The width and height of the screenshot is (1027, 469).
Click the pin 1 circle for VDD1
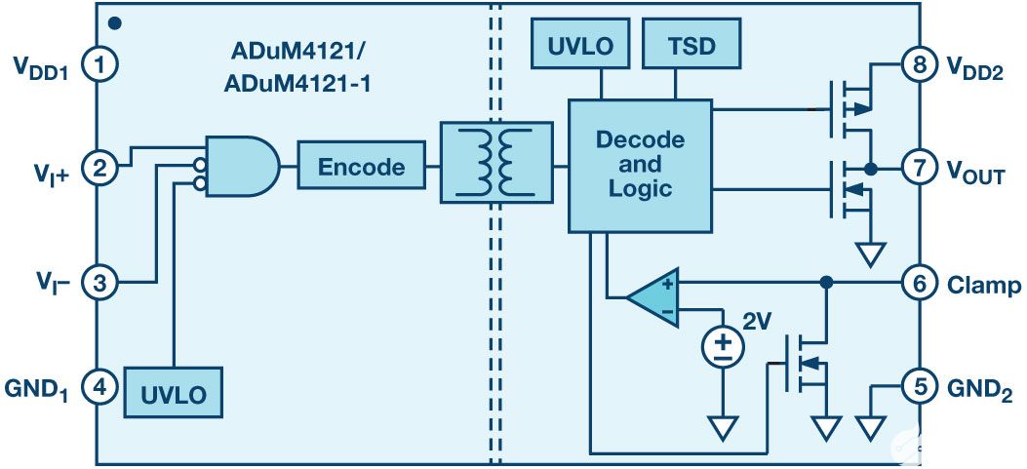coord(99,65)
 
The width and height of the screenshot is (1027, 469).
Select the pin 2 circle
coord(99,168)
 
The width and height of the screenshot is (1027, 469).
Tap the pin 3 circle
coord(99,283)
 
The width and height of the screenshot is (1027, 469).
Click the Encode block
coord(362,167)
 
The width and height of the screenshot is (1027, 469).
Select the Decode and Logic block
coord(640,165)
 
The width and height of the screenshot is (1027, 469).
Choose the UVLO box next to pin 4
coord(173,393)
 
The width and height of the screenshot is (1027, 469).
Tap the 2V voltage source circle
coord(722,343)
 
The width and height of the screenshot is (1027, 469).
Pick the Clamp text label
coord(984,285)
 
